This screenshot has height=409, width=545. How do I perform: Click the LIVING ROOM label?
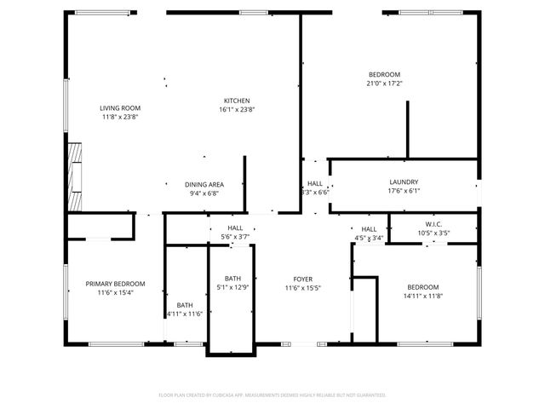[120, 108]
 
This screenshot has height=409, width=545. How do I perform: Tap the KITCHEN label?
[237, 100]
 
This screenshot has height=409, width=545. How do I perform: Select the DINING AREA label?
[204, 184]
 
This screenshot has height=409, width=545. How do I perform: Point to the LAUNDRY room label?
[404, 182]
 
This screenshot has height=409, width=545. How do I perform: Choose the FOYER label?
[303, 279]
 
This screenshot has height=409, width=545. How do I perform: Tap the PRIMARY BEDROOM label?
[115, 284]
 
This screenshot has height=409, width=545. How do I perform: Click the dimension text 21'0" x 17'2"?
[384, 84]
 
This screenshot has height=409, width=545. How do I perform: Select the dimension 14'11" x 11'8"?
[423, 296]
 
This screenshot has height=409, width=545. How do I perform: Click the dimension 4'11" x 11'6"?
[185, 314]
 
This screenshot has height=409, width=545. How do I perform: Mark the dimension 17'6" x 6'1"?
[404, 191]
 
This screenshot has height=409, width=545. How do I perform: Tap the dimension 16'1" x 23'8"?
[237, 109]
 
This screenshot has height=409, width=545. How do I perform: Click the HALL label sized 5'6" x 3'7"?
[236, 228]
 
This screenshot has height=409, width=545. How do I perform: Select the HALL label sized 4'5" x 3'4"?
[369, 229]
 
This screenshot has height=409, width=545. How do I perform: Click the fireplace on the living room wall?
[76, 177]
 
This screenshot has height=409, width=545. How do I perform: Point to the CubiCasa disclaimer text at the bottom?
[272, 395]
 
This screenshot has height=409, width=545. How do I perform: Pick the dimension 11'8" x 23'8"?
[120, 117]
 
